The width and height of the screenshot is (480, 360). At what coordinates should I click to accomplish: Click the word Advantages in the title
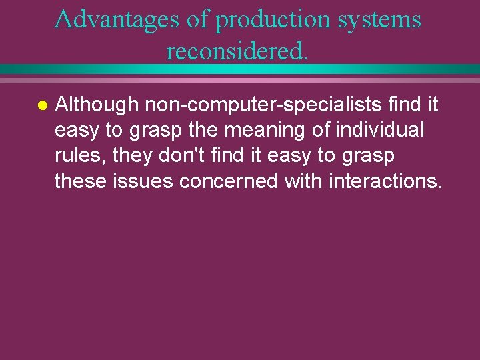click(117, 19)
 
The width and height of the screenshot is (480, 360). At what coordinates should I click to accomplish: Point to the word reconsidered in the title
click(237, 51)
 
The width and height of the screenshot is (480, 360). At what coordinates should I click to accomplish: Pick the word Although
click(96, 105)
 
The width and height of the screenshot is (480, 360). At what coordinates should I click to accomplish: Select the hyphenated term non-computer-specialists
click(258, 105)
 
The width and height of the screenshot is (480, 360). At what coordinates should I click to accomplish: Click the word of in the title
click(197, 19)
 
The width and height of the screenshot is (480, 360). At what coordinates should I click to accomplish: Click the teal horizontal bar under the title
click(240, 69)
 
